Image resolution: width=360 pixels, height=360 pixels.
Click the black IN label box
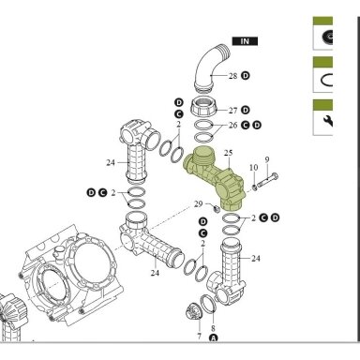point(245,41)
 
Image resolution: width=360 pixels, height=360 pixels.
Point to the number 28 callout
point(232,76)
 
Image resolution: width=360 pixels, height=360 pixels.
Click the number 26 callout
point(232,126)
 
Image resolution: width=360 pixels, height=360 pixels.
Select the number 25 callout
point(229,153)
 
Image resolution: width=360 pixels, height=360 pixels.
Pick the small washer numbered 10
point(255,187)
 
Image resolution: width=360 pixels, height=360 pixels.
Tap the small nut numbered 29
point(216,208)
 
